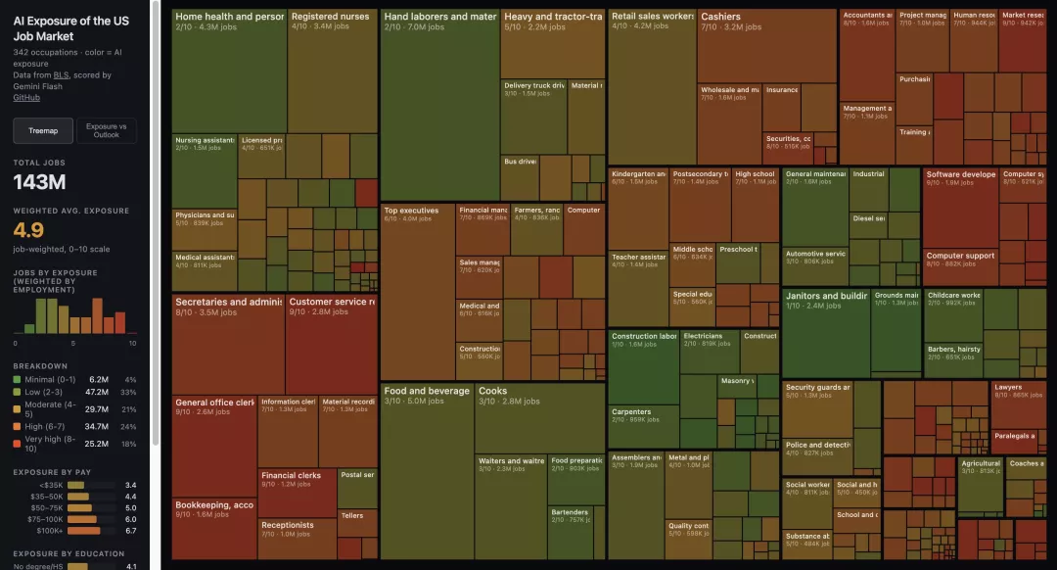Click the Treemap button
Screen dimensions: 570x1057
43,130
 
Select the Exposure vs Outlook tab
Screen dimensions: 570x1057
106,130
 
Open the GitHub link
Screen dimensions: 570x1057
26,97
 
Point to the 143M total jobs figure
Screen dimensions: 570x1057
39,182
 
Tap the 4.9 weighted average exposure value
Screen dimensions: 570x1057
28,230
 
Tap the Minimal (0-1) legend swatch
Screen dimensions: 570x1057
18,379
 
